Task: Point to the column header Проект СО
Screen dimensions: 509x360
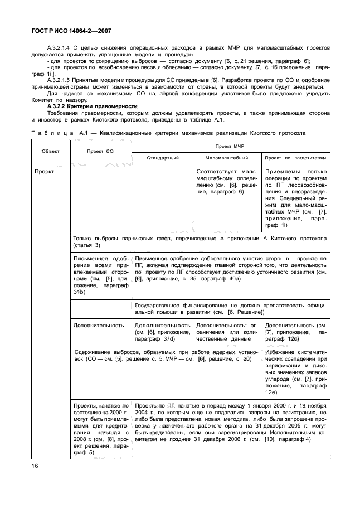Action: (100, 151)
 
